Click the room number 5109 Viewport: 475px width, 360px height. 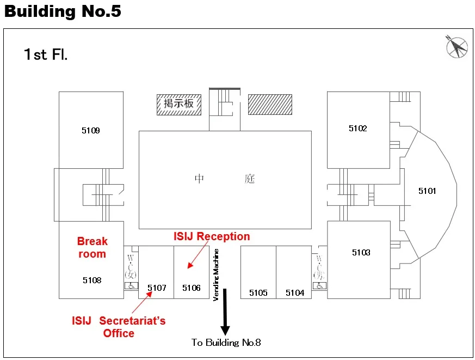(x=91, y=131)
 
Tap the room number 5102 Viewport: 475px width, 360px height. (x=358, y=129)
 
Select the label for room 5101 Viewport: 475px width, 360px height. (x=427, y=191)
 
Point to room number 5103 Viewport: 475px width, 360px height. (x=361, y=252)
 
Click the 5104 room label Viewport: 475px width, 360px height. (x=295, y=293)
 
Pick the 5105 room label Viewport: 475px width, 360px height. (x=258, y=293)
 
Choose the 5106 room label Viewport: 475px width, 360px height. (x=192, y=288)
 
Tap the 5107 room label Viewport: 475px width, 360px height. (x=157, y=288)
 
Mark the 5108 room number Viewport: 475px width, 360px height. (x=92, y=280)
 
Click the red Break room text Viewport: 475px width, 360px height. (x=92, y=248)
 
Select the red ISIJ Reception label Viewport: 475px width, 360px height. (x=212, y=236)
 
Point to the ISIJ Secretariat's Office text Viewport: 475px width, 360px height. (x=119, y=327)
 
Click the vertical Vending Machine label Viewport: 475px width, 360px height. (x=216, y=275)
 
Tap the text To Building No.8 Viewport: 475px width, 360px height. (x=226, y=343)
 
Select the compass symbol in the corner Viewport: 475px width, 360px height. (x=457, y=47)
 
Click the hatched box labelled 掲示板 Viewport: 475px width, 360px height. (x=179, y=104)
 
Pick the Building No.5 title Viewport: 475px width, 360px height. (x=63, y=11)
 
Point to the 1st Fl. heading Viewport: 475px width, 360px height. (x=46, y=54)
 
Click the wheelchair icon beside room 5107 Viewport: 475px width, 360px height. (x=131, y=285)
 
